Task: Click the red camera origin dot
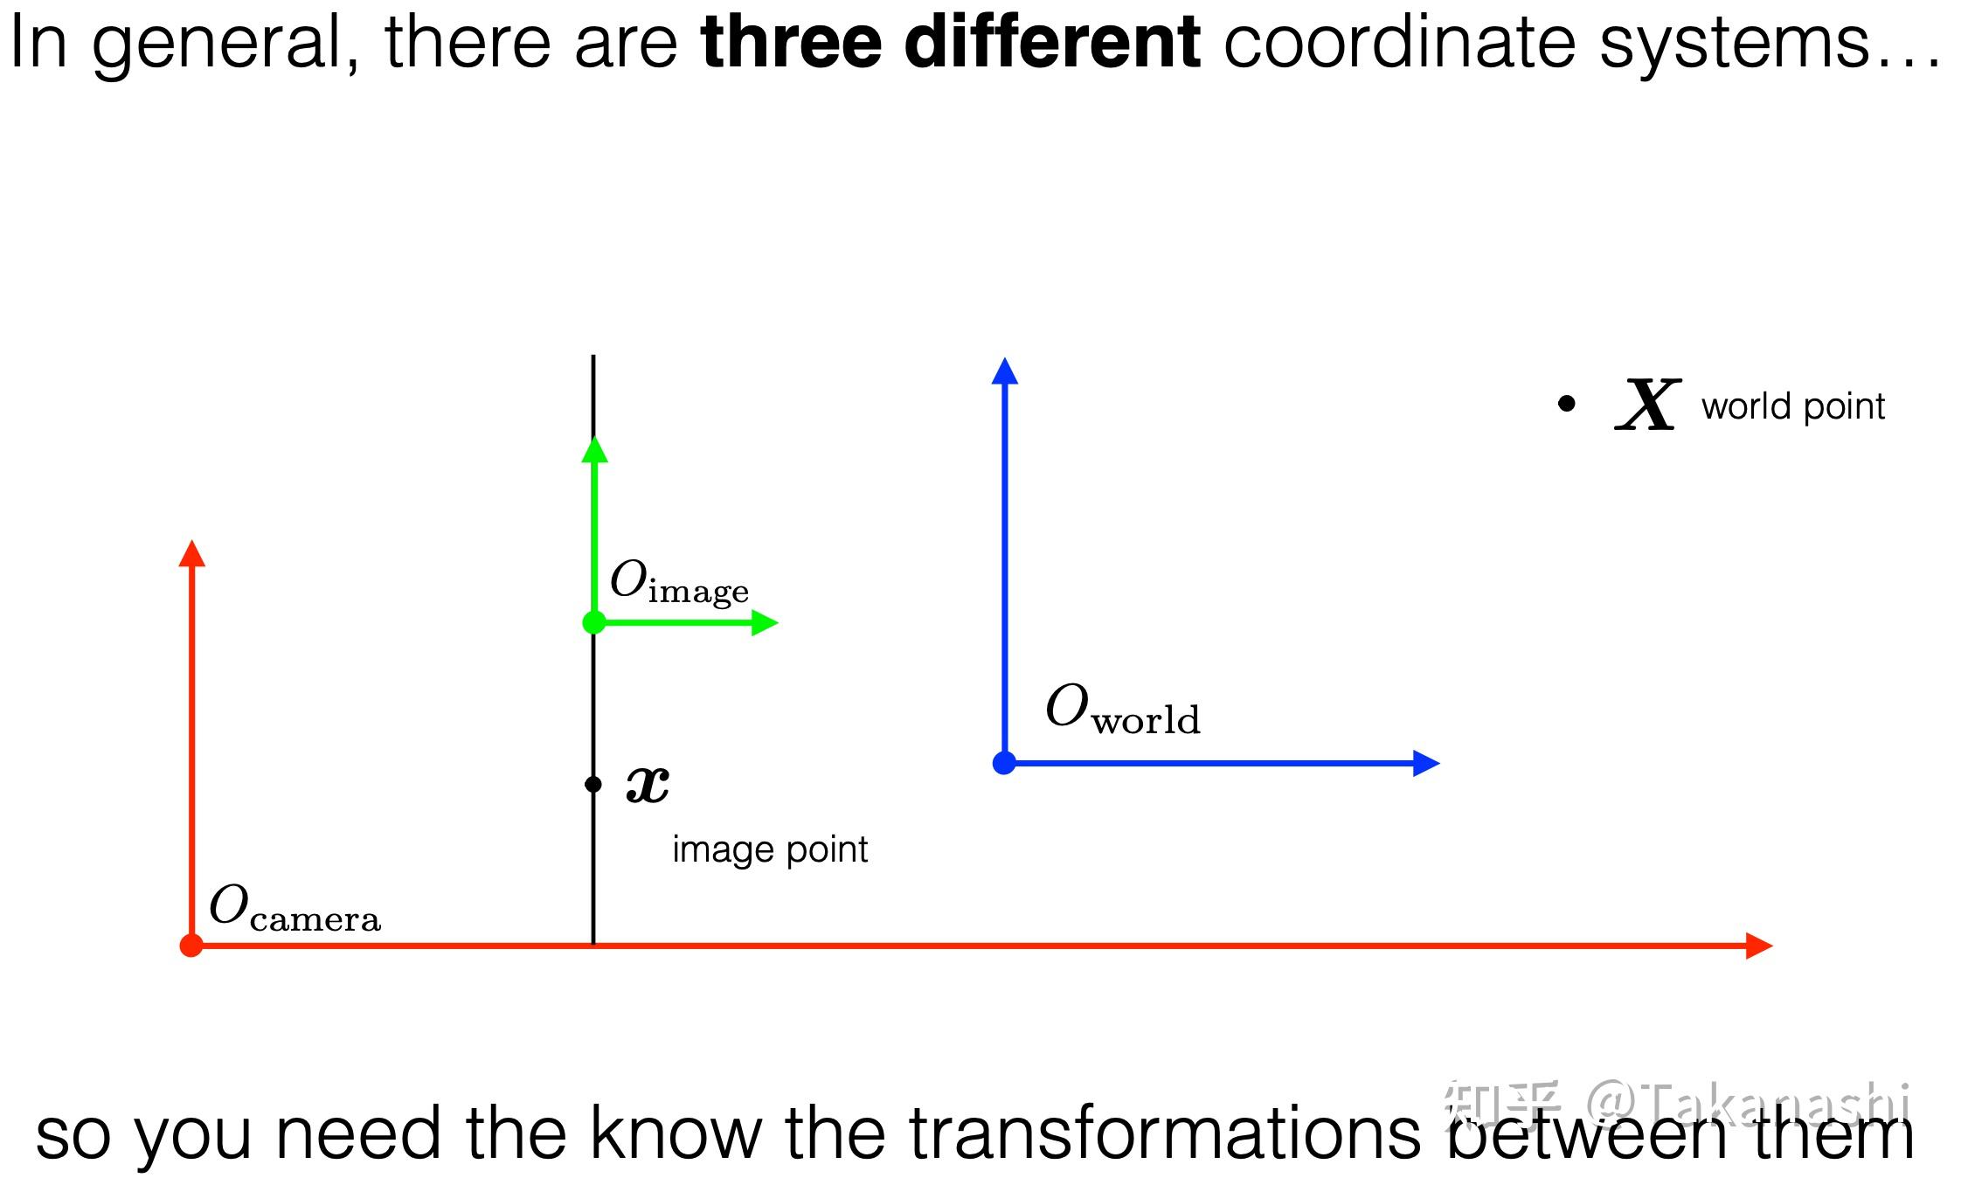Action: click(191, 946)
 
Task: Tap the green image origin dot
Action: click(594, 622)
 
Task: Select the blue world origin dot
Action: click(1005, 763)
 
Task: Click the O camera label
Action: click(294, 908)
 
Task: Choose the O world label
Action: click(1123, 709)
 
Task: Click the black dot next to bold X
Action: click(1567, 404)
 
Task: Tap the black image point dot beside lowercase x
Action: click(593, 784)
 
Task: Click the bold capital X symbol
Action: click(1648, 405)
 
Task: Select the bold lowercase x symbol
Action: click(648, 783)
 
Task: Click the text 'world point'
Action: click(1793, 406)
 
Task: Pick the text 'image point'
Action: click(770, 849)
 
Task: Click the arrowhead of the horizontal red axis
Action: click(1759, 946)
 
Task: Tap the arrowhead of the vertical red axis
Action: click(191, 552)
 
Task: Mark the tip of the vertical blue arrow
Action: click(1005, 357)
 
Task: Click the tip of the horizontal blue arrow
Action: click(1439, 763)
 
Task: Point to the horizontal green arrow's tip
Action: click(778, 622)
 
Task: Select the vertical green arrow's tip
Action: click(594, 436)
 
